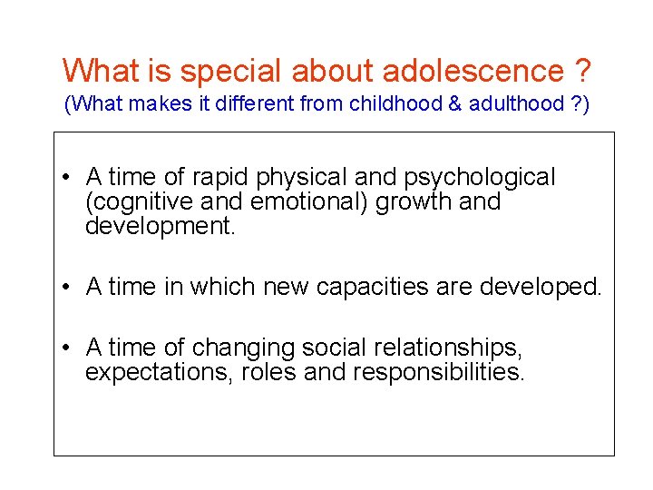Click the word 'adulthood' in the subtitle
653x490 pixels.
click(x=514, y=104)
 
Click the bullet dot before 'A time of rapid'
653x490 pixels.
click(x=68, y=177)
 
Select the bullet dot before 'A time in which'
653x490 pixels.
click(x=68, y=288)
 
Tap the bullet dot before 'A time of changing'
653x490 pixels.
click(x=68, y=348)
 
